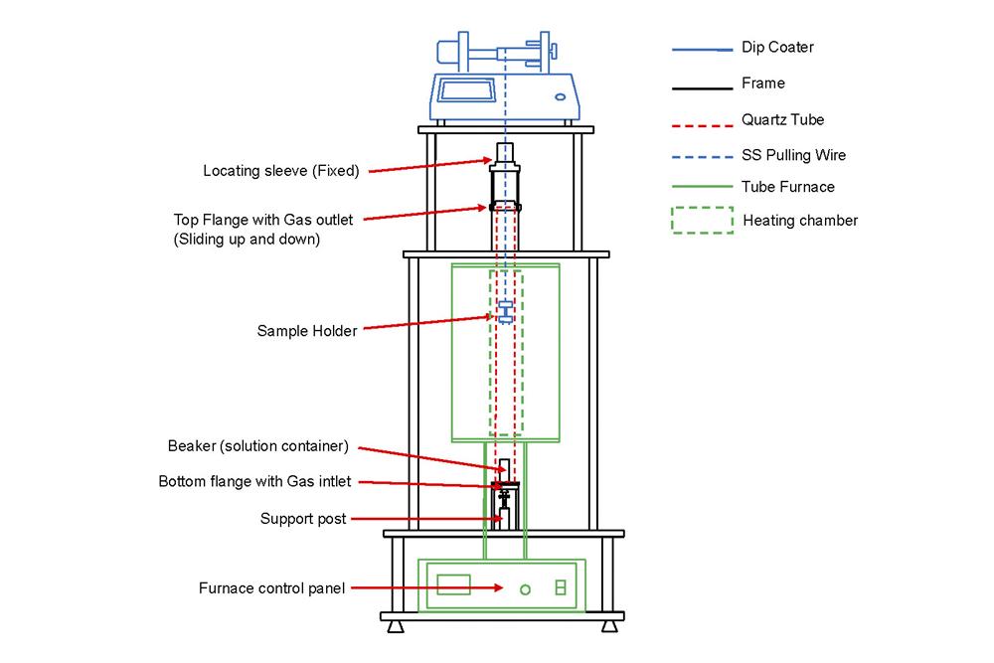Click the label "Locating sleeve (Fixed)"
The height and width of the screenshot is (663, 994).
click(280, 170)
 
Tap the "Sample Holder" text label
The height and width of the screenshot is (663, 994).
click(306, 331)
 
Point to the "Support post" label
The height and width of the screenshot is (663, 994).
click(303, 518)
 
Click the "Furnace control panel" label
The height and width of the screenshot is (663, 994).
click(271, 588)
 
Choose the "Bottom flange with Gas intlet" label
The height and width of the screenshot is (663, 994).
click(254, 482)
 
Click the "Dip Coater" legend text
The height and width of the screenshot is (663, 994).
click(777, 48)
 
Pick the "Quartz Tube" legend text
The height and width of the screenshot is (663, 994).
click(782, 120)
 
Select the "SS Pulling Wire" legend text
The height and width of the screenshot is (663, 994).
click(793, 155)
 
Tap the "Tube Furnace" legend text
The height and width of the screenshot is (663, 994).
click(787, 187)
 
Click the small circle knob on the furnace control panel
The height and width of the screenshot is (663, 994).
click(526, 589)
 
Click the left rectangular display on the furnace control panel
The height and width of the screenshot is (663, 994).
click(453, 583)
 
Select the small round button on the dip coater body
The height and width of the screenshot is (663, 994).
click(561, 96)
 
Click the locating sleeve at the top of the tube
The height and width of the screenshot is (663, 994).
click(506, 153)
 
